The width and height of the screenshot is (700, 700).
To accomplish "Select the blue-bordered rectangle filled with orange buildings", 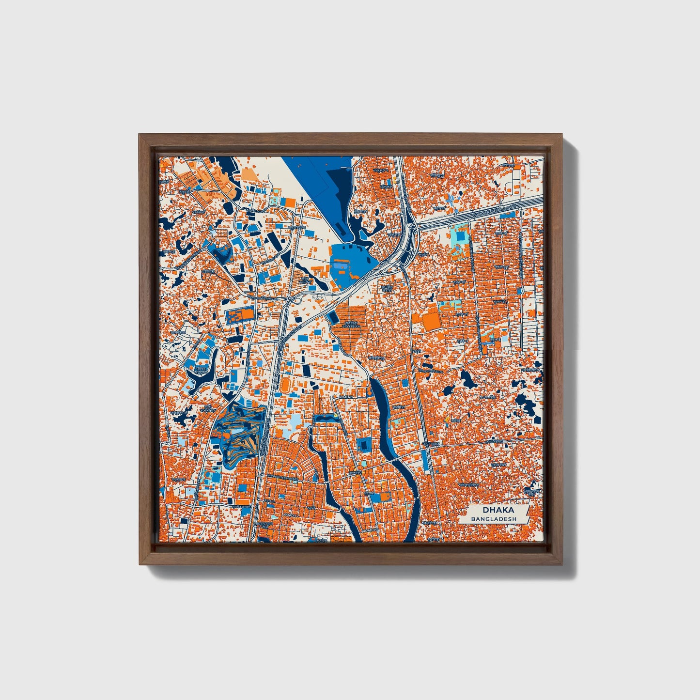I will click(x=240, y=316).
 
